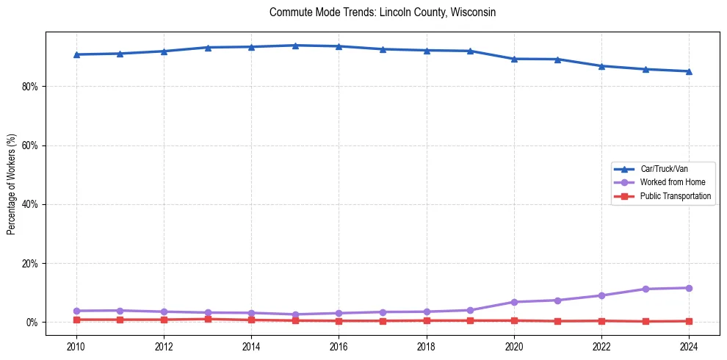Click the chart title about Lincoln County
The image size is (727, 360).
coord(383,12)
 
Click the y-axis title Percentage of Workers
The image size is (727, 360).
coord(12,184)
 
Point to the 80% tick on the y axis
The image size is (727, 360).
coord(33,87)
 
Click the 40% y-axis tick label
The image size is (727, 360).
coord(33,204)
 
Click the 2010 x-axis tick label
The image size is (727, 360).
coord(76,345)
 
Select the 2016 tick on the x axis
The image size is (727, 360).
coord(339,345)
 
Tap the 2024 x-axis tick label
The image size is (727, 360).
coord(689,345)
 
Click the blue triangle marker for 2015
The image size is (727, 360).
coord(295,46)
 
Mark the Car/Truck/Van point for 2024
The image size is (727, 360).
coord(689,71)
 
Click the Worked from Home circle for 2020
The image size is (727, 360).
coord(514,302)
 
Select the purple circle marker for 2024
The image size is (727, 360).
coord(689,288)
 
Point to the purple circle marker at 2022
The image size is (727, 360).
coord(601,295)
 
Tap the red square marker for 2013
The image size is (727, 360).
coord(208,319)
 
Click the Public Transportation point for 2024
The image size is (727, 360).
coord(689,321)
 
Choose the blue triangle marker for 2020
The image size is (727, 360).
coord(514,59)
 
